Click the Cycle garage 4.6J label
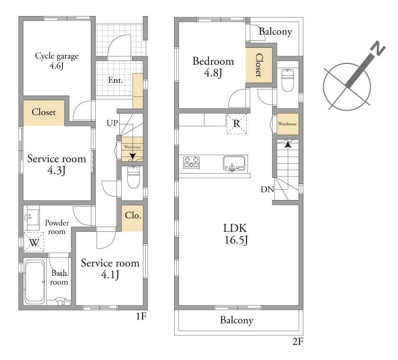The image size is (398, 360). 57,61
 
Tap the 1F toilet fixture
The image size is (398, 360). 133,176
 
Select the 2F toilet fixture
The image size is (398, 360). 288,80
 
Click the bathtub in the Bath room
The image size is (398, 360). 35,281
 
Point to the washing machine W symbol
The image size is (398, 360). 34,242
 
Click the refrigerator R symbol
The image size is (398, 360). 236,123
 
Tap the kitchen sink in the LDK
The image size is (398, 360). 234,164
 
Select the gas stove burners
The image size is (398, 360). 191,162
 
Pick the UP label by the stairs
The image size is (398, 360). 112,123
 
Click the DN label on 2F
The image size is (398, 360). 267,189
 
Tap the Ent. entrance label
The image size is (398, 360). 115,80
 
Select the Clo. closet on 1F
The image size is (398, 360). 132,218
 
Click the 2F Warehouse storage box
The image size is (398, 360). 288,124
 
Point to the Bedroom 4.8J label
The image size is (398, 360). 213,67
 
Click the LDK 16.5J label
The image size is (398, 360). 236,234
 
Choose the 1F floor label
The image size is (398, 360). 141,316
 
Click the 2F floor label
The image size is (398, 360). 298,342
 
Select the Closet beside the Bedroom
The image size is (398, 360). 259,65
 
